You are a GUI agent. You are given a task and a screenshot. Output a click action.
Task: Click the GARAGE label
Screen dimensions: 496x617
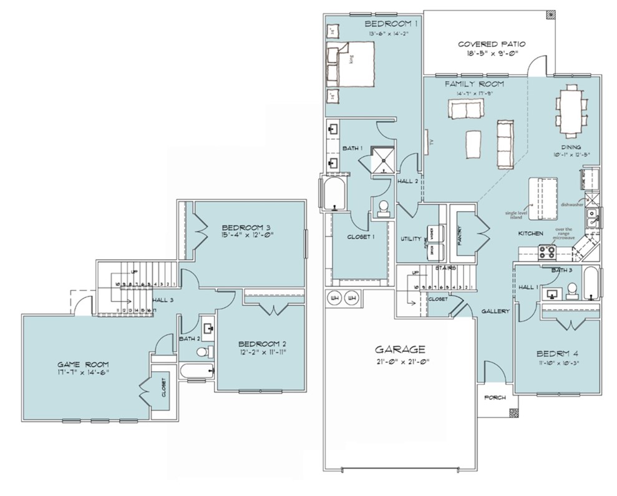pos(400,349)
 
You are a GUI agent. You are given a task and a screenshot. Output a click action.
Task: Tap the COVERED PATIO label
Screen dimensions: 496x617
pos(492,44)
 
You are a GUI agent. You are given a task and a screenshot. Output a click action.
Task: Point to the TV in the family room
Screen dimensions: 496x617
pos(427,142)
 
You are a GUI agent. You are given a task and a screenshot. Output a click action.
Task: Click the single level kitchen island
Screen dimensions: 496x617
pos(542,199)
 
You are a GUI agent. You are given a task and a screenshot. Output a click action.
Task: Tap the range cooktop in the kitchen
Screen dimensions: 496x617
pos(547,252)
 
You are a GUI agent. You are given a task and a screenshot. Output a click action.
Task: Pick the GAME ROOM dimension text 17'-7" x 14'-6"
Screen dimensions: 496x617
pos(84,373)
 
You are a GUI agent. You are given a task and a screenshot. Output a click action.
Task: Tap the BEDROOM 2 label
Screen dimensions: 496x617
pos(262,344)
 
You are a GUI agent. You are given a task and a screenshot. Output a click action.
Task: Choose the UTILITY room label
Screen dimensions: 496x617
pos(411,239)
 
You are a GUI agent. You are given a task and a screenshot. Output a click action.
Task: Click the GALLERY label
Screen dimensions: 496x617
pos(495,310)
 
